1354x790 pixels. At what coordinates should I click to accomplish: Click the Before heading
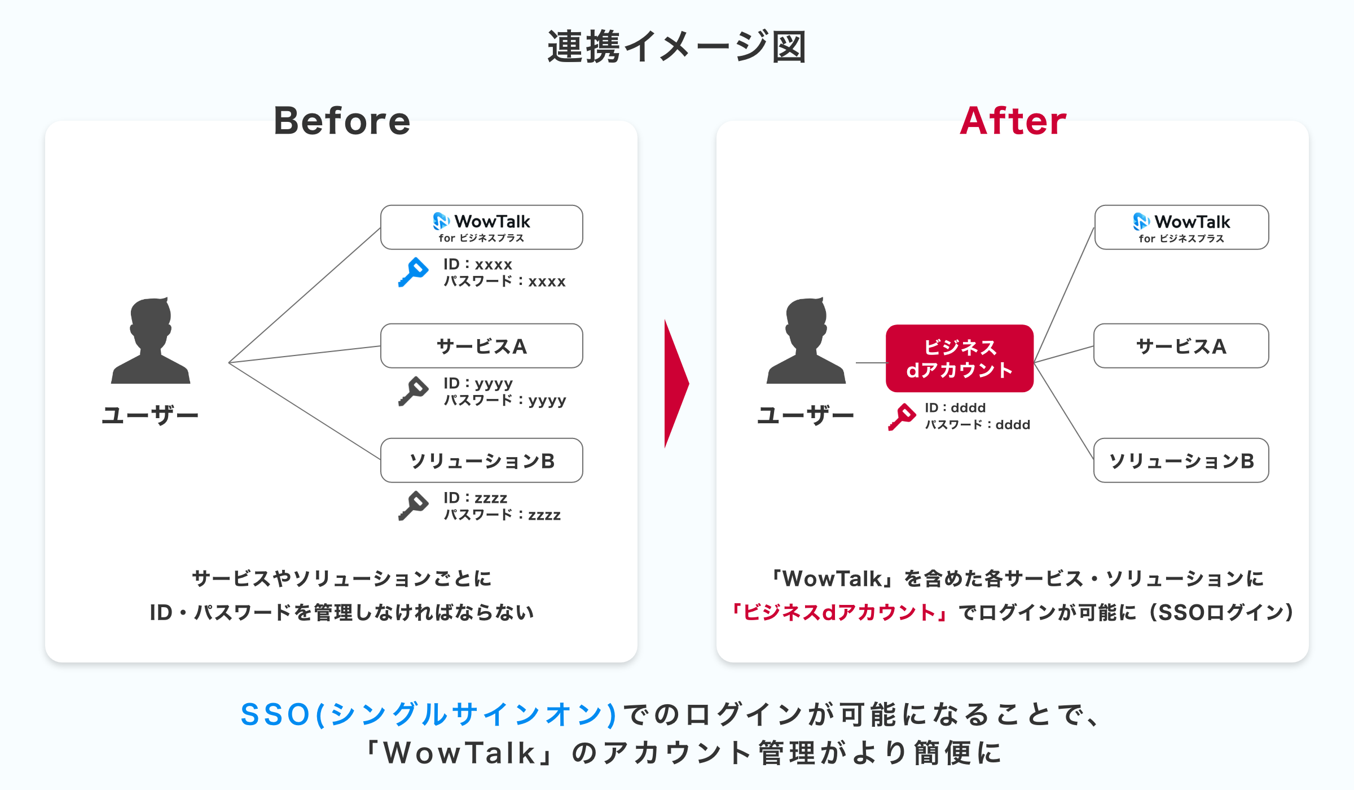pyautogui.click(x=342, y=121)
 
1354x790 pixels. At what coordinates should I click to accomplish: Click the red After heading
pyautogui.click(x=1013, y=121)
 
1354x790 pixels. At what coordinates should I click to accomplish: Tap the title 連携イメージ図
pyautogui.click(x=676, y=47)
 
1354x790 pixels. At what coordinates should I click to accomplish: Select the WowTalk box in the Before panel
pyautogui.click(x=481, y=227)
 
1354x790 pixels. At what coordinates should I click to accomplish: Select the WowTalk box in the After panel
pyautogui.click(x=1181, y=227)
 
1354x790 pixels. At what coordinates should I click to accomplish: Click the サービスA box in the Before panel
pyautogui.click(x=481, y=346)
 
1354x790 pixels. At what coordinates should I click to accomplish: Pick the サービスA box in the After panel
pyautogui.click(x=1181, y=346)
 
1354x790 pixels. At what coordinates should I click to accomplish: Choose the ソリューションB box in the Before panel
pyautogui.click(x=481, y=460)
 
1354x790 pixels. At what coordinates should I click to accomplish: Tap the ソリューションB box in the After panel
pyautogui.click(x=1181, y=460)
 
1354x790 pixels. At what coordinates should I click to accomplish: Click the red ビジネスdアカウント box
pyautogui.click(x=959, y=358)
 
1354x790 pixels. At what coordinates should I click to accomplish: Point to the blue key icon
pyautogui.click(x=413, y=272)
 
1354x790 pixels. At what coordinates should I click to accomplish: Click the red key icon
pyautogui.click(x=902, y=416)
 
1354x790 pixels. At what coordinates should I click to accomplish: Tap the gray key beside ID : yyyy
pyautogui.click(x=413, y=391)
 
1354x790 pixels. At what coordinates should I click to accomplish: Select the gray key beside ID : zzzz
pyautogui.click(x=413, y=506)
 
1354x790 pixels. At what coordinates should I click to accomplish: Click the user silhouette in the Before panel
pyautogui.click(x=151, y=341)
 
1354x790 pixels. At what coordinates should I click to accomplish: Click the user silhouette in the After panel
pyautogui.click(x=806, y=341)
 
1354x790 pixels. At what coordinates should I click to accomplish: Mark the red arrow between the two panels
pyautogui.click(x=676, y=384)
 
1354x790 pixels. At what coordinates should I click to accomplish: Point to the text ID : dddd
pyautogui.click(x=955, y=407)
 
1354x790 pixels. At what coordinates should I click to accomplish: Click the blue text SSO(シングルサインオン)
pyautogui.click(x=429, y=714)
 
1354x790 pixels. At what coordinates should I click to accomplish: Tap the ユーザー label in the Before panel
pyautogui.click(x=150, y=415)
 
